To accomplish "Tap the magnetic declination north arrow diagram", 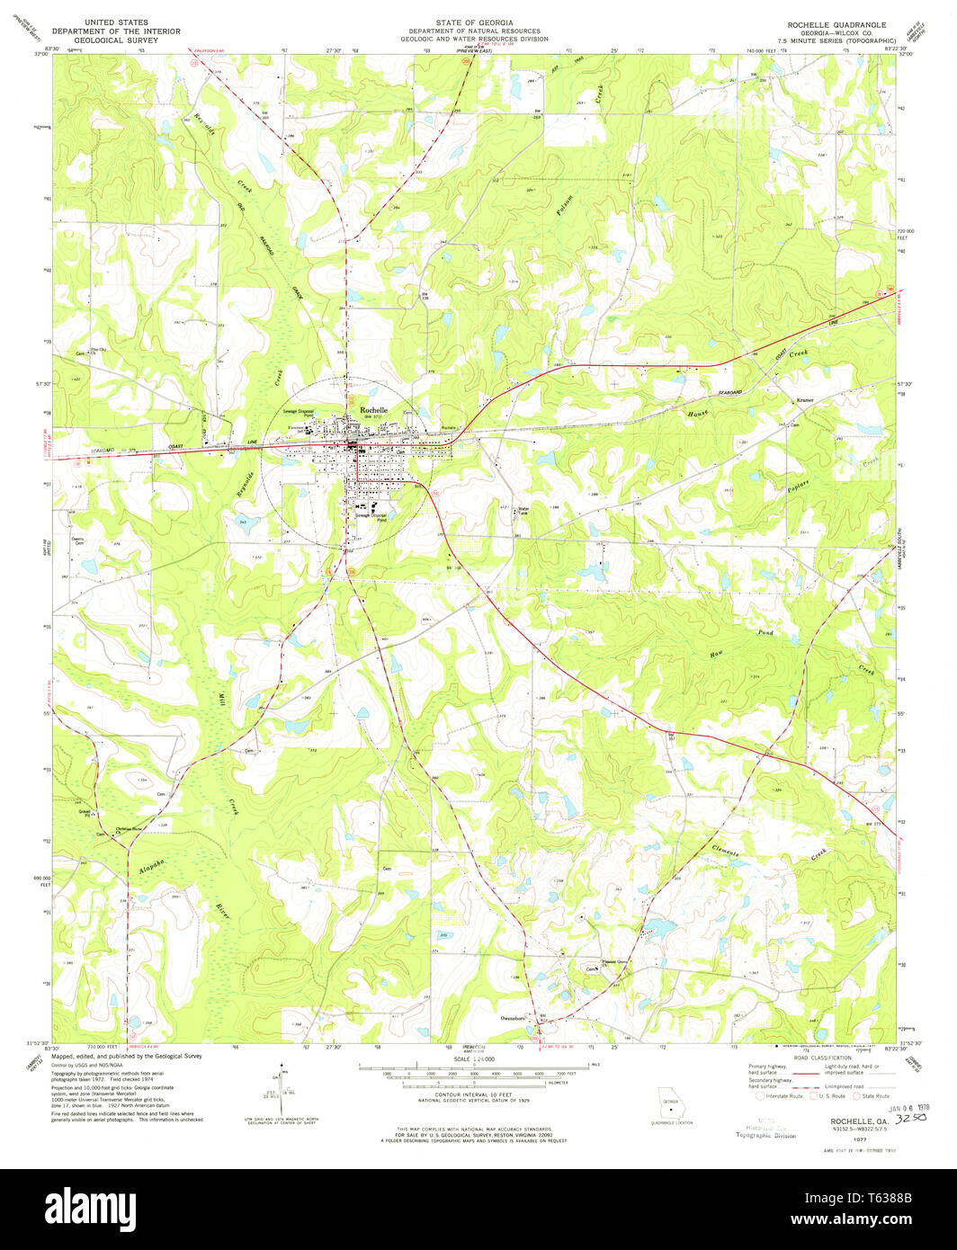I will tap(277, 1084).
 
